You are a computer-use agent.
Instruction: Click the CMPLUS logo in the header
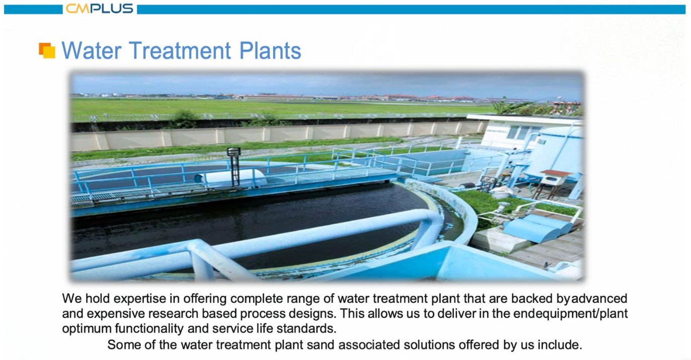pyautogui.click(x=99, y=9)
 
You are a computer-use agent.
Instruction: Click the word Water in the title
pyautogui.click(x=91, y=50)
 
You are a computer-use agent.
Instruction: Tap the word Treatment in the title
pyautogui.click(x=180, y=50)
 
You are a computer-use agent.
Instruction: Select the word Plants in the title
pyautogui.click(x=270, y=50)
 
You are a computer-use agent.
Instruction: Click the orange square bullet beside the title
pyautogui.click(x=47, y=50)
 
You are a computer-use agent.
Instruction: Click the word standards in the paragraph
pyautogui.click(x=306, y=328)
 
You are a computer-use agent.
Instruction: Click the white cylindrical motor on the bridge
pyautogui.click(x=231, y=178)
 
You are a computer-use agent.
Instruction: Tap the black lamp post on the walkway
pyautogui.click(x=234, y=167)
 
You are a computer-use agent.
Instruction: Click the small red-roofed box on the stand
pyautogui.click(x=554, y=178)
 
